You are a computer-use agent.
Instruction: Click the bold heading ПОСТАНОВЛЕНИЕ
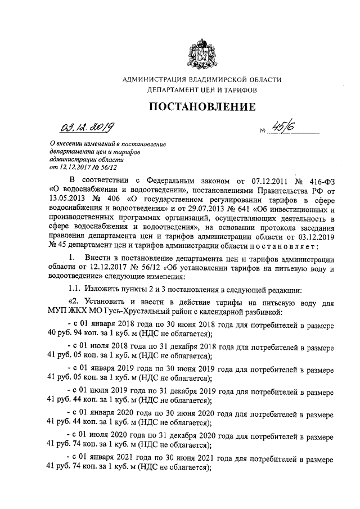point(201,106)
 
